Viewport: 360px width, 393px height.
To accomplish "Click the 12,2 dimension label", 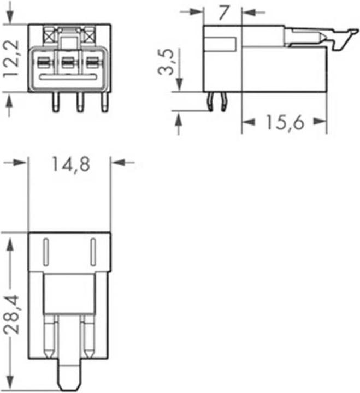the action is pyautogui.click(x=11, y=58).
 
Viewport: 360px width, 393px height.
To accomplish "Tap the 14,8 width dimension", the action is pyautogui.click(x=71, y=164).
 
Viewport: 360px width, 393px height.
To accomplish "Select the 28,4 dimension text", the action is pyautogui.click(x=11, y=314).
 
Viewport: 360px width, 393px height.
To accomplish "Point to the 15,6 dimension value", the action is pyautogui.click(x=285, y=122).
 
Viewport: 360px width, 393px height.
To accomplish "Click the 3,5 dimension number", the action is pyautogui.click(x=166, y=62).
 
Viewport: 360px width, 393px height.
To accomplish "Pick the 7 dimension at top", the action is pyautogui.click(x=223, y=13).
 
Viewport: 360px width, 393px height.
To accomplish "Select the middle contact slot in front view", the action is pyautogui.click(x=68, y=63).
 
